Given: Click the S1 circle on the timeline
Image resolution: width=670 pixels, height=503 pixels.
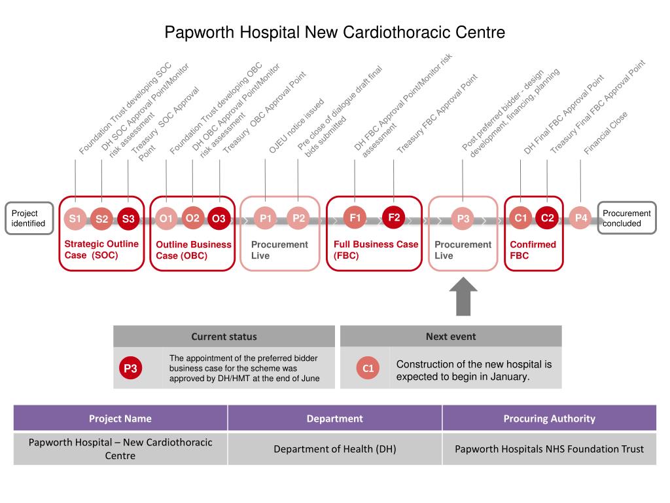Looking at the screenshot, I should click(x=75, y=219).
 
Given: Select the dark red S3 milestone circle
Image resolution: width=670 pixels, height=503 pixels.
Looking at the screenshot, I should click(x=128, y=219).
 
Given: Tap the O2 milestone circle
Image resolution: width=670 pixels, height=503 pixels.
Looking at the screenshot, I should click(x=192, y=217).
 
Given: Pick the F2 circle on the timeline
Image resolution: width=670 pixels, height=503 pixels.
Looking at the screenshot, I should click(x=394, y=217).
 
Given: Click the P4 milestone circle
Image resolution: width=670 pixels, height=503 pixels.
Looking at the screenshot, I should click(x=581, y=218).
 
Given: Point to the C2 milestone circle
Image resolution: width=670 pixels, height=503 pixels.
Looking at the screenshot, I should click(x=547, y=218).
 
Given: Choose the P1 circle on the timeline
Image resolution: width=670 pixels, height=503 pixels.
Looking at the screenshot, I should click(x=265, y=219).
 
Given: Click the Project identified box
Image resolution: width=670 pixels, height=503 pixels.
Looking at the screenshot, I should click(x=29, y=218).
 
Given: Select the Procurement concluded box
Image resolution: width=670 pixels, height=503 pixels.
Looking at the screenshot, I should click(x=626, y=218).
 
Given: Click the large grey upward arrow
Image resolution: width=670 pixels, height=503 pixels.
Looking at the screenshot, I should click(x=463, y=295).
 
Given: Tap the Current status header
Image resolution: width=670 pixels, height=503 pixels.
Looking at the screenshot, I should click(x=224, y=337).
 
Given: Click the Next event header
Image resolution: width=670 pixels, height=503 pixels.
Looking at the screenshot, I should click(x=451, y=337).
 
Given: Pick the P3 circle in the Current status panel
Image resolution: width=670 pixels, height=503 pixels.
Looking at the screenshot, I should click(x=131, y=369).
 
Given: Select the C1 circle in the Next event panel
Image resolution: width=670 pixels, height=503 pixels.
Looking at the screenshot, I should click(x=368, y=369).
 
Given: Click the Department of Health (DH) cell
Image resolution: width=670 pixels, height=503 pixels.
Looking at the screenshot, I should click(x=335, y=449).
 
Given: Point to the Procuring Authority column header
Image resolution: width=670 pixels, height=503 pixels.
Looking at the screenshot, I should click(x=549, y=419).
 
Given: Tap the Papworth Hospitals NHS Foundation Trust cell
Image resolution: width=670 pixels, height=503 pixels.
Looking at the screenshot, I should click(x=549, y=449).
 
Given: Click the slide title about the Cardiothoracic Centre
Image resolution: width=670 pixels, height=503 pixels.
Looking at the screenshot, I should click(x=334, y=32).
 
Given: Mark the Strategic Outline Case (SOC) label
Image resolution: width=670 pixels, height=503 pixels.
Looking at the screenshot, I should click(x=101, y=250).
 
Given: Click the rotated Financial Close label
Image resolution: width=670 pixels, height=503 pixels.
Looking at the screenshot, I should click(x=606, y=133).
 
